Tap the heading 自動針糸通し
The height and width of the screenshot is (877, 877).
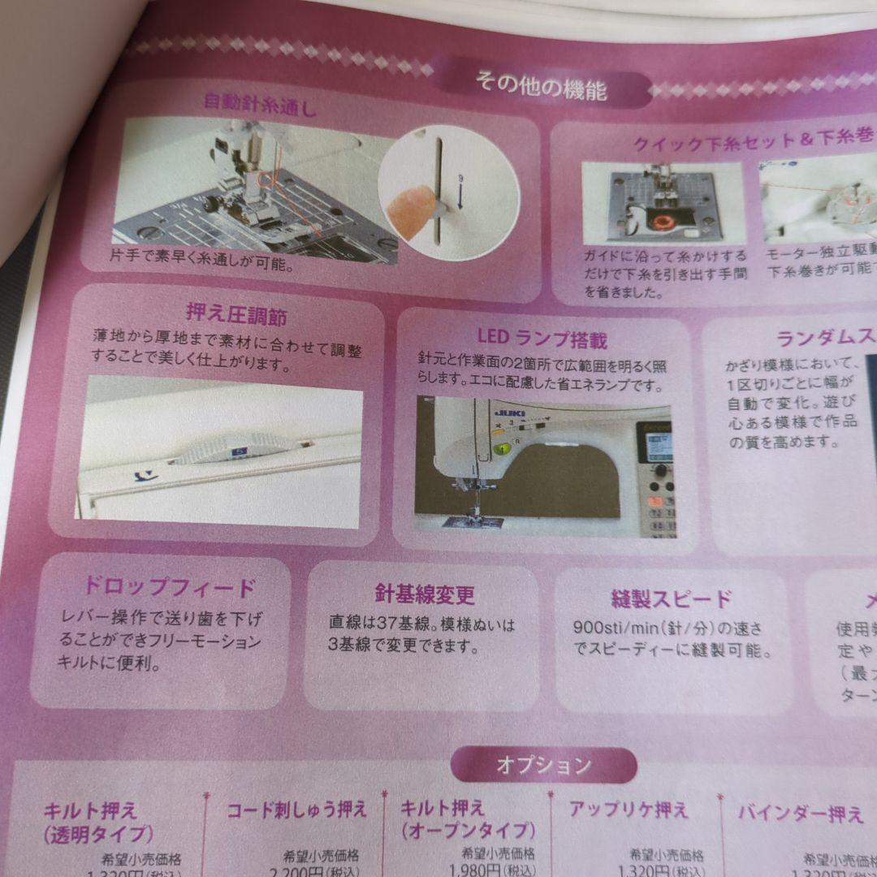pyautogui.click(x=259, y=103)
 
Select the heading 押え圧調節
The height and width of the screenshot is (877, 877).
pyautogui.click(x=236, y=314)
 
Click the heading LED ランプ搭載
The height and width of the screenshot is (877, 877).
pyautogui.click(x=542, y=339)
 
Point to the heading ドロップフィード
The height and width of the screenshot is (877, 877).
pyautogui.click(x=169, y=586)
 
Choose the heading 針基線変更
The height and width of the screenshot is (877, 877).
pyautogui.click(x=425, y=594)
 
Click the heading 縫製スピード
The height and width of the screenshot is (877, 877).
pyautogui.click(x=672, y=599)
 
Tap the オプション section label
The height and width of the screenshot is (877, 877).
pyautogui.click(x=543, y=765)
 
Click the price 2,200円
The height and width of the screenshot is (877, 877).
pyautogui.click(x=309, y=871)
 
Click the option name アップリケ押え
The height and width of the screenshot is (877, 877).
pyautogui.click(x=628, y=809)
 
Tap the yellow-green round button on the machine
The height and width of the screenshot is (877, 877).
pyautogui.click(x=503, y=448)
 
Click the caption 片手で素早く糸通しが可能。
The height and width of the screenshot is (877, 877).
pyautogui.click(x=202, y=266)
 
